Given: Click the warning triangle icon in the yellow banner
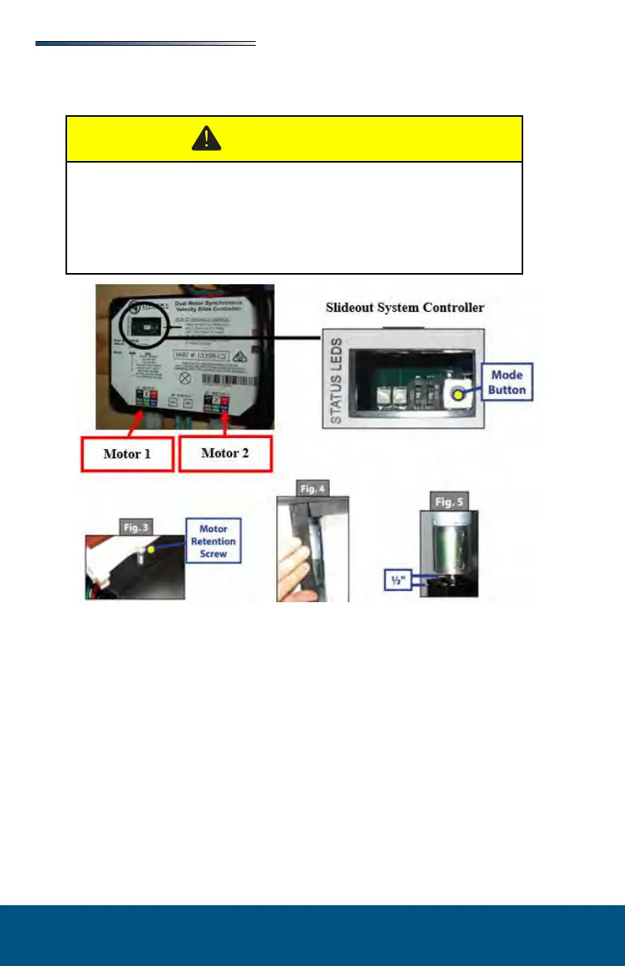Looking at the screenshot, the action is (x=207, y=139).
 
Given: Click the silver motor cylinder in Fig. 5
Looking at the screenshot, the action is (x=447, y=545).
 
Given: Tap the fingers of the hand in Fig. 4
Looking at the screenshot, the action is (x=294, y=568).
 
